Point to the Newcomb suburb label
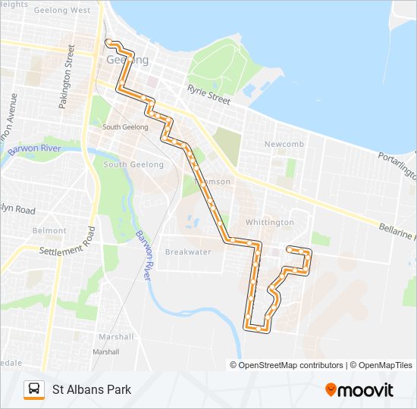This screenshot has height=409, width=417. click(x=284, y=144)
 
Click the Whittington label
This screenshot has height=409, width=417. click(x=269, y=222)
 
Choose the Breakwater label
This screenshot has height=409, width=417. click(x=187, y=251)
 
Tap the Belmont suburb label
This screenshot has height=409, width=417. click(x=49, y=230)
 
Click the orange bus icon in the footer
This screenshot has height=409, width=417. click(x=33, y=389)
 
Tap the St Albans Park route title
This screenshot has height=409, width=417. click(x=91, y=389)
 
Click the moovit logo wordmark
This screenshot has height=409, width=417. click(x=366, y=390)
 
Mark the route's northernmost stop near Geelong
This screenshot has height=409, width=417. click(x=109, y=42)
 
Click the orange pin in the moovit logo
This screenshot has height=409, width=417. click(x=331, y=390)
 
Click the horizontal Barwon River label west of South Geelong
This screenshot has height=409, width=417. click(x=33, y=149)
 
